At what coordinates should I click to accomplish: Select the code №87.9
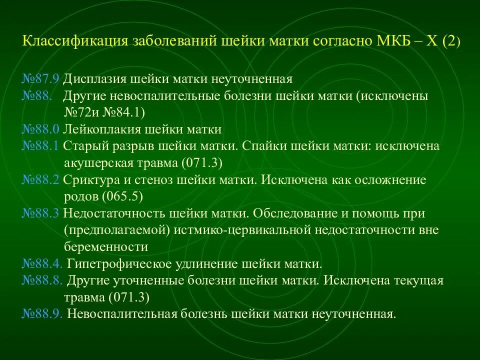click(41, 79)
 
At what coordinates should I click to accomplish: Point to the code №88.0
click(41, 129)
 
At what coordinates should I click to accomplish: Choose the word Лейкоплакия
click(102, 129)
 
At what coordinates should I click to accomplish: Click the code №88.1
click(41, 146)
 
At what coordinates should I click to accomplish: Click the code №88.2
click(41, 180)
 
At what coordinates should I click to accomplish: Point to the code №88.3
click(41, 213)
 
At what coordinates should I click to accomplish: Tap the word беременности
click(106, 247)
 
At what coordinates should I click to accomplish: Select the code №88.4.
click(42, 264)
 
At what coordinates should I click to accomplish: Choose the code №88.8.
click(42, 280)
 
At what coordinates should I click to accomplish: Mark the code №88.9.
click(42, 314)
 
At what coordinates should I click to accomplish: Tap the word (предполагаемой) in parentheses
click(103, 230)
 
